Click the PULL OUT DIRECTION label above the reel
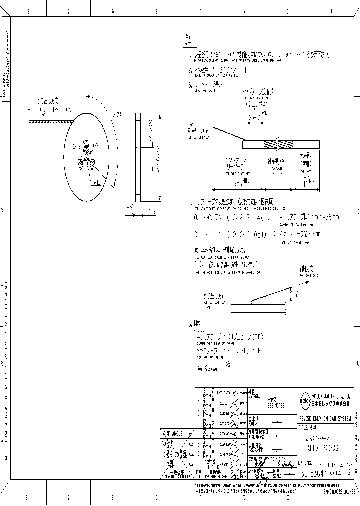pos(49,110)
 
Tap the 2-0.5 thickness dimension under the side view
pos(149,211)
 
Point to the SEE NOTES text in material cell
pos(275,406)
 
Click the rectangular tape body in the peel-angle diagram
pos(255,308)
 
